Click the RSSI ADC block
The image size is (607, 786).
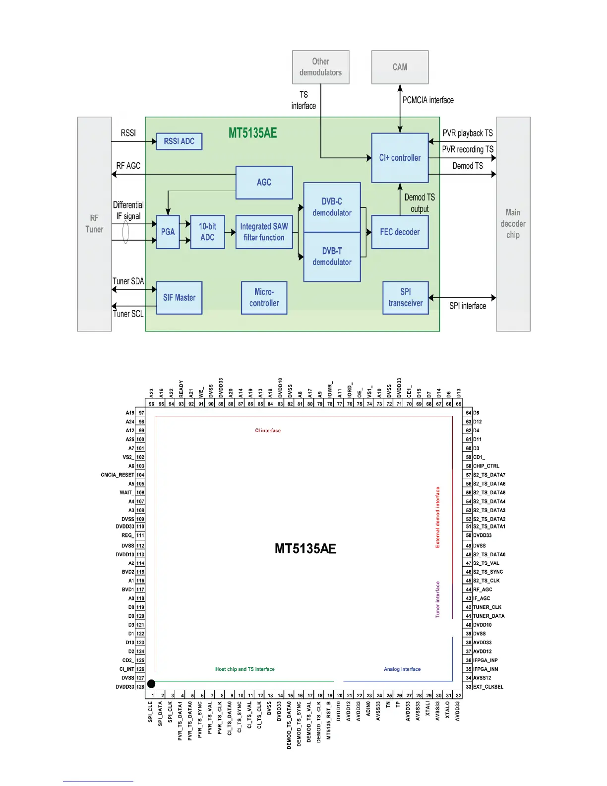(179, 141)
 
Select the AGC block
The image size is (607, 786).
(264, 183)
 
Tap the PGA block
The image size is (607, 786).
(168, 232)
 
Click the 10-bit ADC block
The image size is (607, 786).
(207, 232)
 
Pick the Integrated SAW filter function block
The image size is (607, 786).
(264, 232)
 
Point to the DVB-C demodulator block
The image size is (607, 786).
(332, 207)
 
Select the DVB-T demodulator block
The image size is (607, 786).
(332, 257)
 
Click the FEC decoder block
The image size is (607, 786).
(400, 232)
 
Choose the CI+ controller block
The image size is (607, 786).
(400, 158)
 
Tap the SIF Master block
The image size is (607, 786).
(179, 298)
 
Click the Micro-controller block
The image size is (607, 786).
(264, 298)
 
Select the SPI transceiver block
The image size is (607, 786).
(405, 298)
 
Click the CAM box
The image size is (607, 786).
(400, 67)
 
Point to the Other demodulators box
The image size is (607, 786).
(320, 67)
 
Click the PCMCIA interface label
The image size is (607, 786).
(428, 100)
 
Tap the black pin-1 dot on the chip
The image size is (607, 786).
(151, 684)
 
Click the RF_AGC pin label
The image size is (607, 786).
(483, 589)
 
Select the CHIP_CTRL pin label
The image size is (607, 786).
(486, 466)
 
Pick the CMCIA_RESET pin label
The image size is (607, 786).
(118, 475)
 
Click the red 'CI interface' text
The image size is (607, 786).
(268, 431)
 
